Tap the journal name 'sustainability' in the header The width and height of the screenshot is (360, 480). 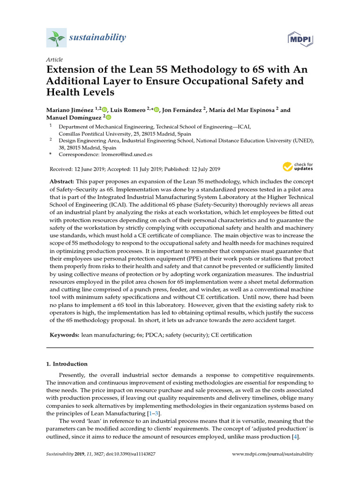(97, 37)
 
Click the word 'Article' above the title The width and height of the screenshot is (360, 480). (54, 60)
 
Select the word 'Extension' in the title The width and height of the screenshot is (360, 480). (72, 70)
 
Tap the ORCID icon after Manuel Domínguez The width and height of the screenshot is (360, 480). (108, 117)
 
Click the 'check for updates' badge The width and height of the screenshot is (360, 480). (298, 166)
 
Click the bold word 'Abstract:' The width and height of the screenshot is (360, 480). (62, 181)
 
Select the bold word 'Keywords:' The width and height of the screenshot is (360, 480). (64, 335)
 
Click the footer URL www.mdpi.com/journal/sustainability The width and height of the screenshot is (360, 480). (273, 454)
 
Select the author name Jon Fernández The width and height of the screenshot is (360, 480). (182, 110)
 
